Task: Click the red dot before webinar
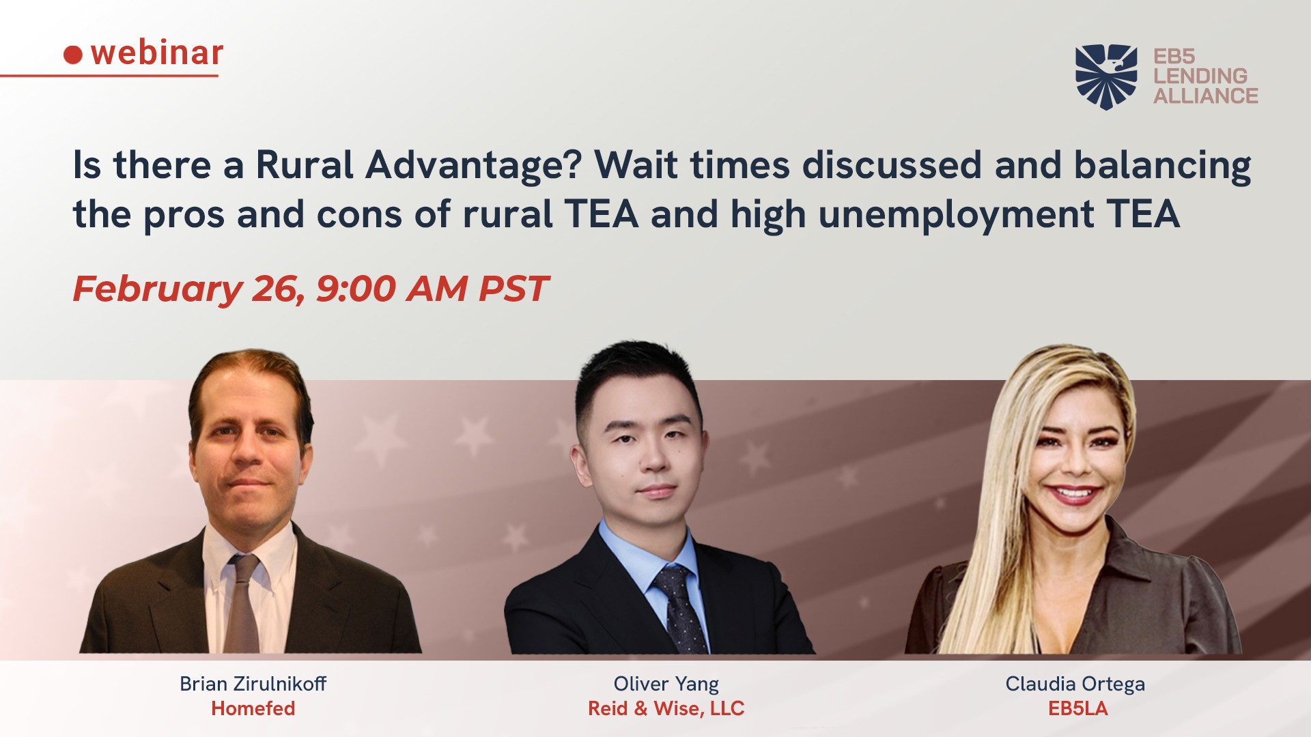[x=73, y=55]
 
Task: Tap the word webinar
[x=157, y=53]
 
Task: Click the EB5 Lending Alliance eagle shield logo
[x=1106, y=76]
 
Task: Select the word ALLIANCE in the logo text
[x=1206, y=96]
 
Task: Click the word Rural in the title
[x=305, y=165]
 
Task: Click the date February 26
[x=189, y=289]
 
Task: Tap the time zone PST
[x=513, y=289]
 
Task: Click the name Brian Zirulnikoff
[x=253, y=684]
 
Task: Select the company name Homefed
[x=253, y=708]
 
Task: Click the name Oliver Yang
[x=666, y=684]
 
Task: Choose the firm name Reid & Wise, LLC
[x=666, y=709]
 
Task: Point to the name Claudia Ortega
[x=1075, y=684]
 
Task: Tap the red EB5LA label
[x=1077, y=708]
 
